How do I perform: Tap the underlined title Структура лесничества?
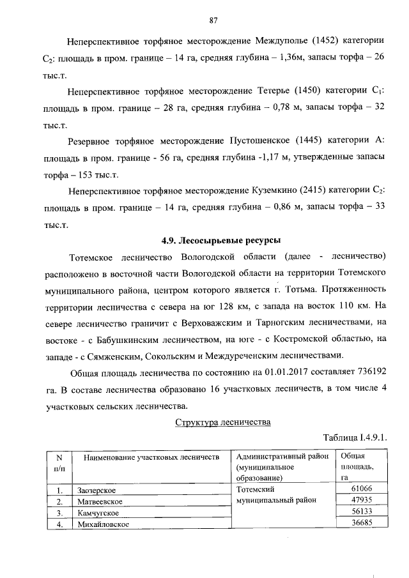pos(224,422)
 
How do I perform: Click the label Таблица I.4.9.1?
pos(355,438)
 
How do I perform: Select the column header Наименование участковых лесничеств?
pos(148,457)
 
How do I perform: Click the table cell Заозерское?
pos(96,490)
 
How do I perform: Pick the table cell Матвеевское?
pos(99,501)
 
